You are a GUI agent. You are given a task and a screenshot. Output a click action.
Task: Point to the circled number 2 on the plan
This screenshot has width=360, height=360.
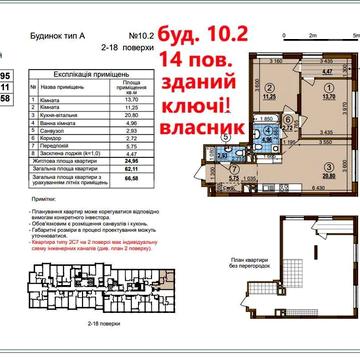coord(269,87)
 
